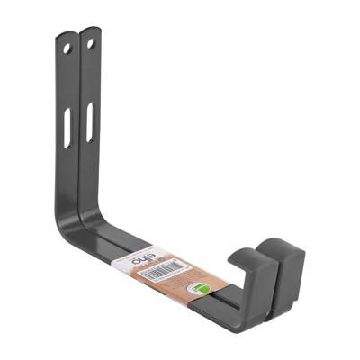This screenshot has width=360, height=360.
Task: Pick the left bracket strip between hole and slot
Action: point(67,81)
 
